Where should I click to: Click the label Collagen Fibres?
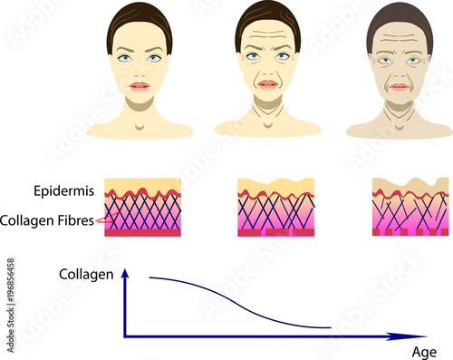48,219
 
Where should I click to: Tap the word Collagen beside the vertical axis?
85,273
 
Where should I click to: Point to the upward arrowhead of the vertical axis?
126,273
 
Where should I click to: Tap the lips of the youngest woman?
139,87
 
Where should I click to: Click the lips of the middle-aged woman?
267,84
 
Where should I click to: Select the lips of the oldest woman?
400,87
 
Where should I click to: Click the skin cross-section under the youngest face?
141,208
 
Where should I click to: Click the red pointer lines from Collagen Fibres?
100,219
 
